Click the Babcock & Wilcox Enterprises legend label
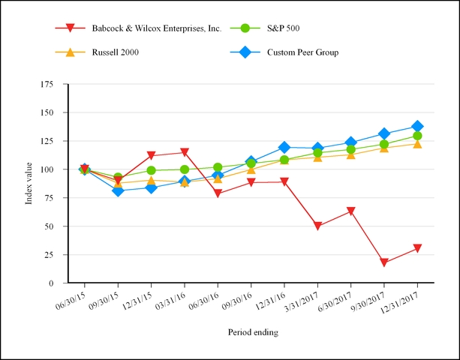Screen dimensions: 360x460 156,28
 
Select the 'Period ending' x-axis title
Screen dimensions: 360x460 254,331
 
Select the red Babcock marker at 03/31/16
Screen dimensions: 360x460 185,153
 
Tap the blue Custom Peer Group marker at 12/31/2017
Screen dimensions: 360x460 417,127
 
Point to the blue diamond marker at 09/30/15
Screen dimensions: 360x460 118,190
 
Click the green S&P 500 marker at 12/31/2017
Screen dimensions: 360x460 417,136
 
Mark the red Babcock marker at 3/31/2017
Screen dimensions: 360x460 318,226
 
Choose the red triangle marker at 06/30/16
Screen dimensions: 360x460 218,194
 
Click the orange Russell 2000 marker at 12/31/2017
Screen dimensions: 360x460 417,143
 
